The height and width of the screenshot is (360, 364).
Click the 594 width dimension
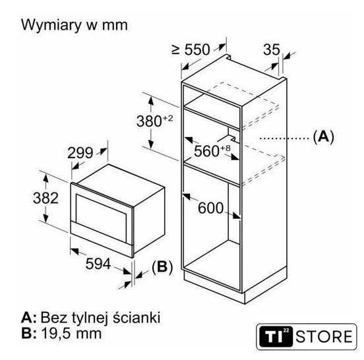point(98,264)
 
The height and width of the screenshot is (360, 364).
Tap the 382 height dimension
point(45,198)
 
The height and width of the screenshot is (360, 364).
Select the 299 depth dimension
point(80,153)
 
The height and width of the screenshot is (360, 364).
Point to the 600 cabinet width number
point(210,208)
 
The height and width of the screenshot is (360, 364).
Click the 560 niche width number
point(206,151)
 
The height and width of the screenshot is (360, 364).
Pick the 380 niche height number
point(149,121)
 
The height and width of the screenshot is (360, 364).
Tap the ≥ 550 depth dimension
point(191,49)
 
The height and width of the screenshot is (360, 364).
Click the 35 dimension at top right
point(272,49)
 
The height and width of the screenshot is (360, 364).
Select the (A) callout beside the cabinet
point(323,137)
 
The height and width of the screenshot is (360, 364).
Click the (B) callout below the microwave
point(162,267)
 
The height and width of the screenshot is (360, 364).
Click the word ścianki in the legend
point(136,317)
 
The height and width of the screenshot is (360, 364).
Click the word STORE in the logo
point(324,336)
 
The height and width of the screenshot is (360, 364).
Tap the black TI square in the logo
point(276,336)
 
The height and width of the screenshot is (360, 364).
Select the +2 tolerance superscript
point(167,119)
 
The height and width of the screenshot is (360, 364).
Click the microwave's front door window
point(101,215)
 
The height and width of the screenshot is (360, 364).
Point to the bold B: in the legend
point(29,334)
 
